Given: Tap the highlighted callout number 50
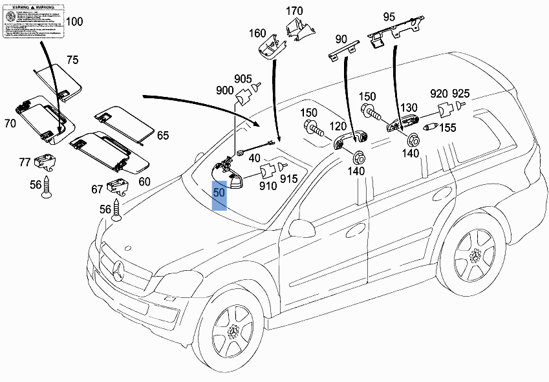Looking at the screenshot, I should pyautogui.click(x=220, y=193).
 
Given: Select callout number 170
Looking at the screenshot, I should pyautogui.click(x=294, y=10).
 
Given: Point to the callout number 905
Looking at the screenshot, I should pyautogui.click(x=243, y=79).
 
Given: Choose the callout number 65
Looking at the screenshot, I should pyautogui.click(x=163, y=135).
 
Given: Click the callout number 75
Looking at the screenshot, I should pyautogui.click(x=72, y=60).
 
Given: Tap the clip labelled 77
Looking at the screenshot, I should pyautogui.click(x=45, y=159).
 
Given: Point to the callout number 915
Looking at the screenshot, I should pyautogui.click(x=288, y=178).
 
